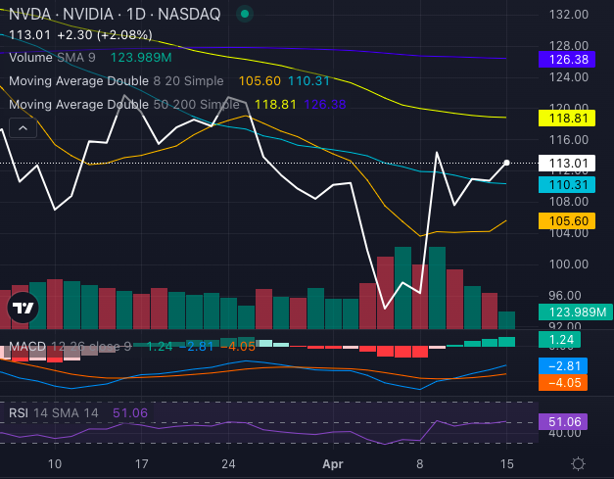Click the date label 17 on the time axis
[142, 463]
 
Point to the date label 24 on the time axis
[228, 463]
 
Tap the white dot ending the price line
[506, 163]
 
